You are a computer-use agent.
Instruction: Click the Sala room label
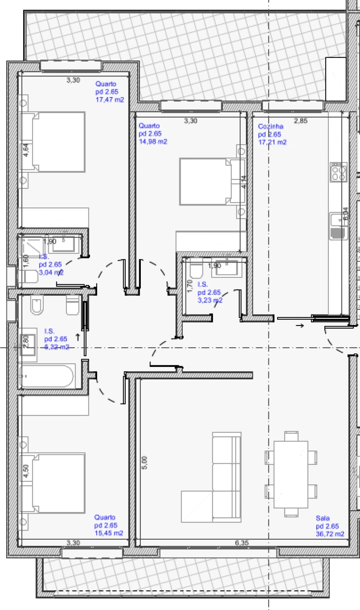click(322, 518)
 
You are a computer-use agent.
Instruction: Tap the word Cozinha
click(270, 126)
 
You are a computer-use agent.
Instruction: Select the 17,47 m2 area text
click(110, 100)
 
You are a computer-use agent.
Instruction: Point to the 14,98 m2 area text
click(153, 142)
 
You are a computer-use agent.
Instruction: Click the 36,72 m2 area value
click(330, 534)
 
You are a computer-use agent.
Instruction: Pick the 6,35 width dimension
click(242, 543)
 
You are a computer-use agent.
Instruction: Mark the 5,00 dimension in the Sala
click(144, 462)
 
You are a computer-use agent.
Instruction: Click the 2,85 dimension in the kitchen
click(300, 121)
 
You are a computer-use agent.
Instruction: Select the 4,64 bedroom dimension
click(26, 150)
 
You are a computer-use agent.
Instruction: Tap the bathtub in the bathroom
click(46, 376)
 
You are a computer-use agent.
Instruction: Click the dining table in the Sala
click(291, 474)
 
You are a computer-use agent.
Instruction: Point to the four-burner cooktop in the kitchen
click(338, 172)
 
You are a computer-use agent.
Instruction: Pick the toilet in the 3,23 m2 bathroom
click(196, 269)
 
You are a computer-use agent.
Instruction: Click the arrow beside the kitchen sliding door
click(299, 326)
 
